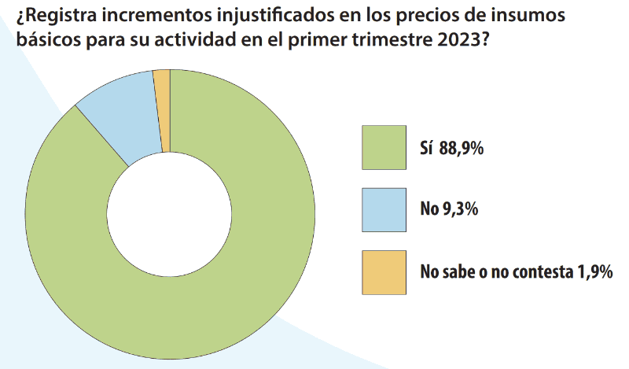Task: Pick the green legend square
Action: [384, 147]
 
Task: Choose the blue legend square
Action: [384, 210]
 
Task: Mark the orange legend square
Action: [384, 272]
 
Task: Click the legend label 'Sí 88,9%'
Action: [451, 147]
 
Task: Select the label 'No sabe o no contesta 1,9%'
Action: [516, 273]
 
